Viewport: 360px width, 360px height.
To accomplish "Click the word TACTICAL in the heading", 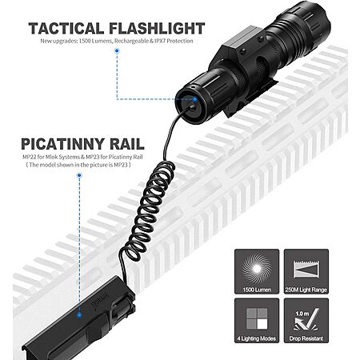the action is (66, 29).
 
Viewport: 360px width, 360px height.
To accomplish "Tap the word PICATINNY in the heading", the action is (62, 144).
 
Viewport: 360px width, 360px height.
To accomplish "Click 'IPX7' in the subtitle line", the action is (160, 41).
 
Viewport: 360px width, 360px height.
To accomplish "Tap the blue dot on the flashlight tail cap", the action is (195, 99).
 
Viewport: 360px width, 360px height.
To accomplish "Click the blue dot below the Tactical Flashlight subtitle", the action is (117, 50).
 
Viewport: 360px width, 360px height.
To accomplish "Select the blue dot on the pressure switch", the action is (79, 315).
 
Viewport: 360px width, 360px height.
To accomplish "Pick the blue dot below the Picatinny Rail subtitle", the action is (79, 175).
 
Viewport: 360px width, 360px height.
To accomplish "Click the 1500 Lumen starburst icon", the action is (257, 269).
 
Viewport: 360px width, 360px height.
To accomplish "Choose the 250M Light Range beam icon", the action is (306, 270).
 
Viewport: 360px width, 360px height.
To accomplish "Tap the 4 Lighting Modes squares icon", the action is (257, 318).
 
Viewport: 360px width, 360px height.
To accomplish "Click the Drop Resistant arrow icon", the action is (306, 319).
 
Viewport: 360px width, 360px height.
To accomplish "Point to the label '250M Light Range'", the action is (306, 290).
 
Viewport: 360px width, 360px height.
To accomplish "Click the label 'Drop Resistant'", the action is (306, 338).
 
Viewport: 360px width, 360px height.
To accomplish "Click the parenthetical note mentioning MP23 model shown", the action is (78, 165).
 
